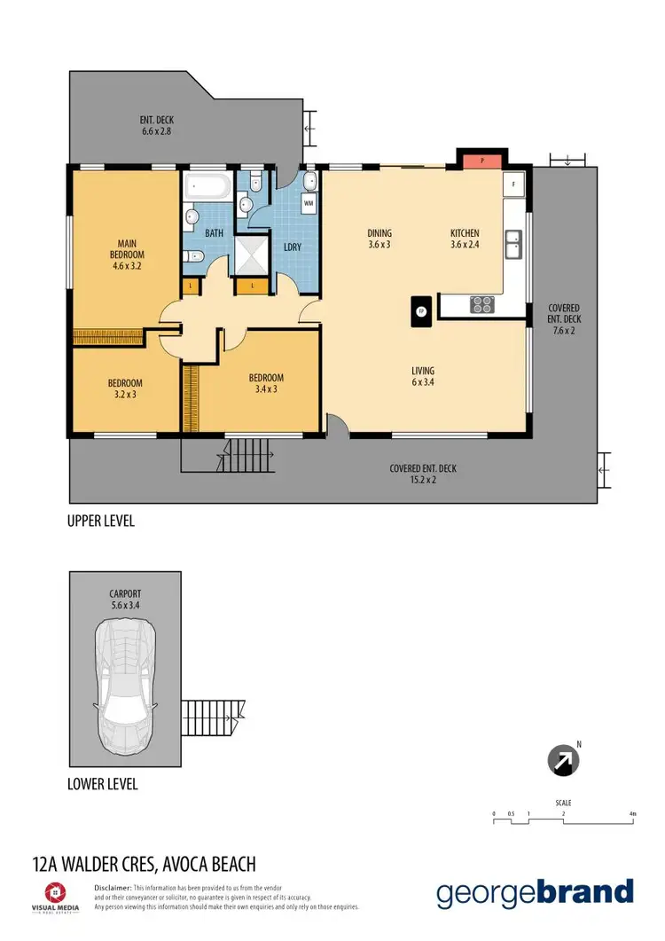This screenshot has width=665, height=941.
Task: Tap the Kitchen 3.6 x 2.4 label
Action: click(465, 239)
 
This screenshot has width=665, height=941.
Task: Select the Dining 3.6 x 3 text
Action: click(379, 239)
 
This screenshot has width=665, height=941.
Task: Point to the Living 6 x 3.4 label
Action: click(423, 376)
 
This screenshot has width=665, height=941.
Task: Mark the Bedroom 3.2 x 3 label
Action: click(125, 388)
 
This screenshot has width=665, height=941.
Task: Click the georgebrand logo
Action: click(535, 893)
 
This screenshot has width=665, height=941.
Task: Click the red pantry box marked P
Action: click(481, 161)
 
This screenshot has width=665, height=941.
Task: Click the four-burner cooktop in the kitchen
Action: click(481, 304)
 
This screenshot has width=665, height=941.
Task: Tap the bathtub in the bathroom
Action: click(207, 187)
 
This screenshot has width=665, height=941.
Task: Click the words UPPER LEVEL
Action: click(101, 521)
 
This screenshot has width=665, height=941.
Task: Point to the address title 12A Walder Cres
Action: click(144, 864)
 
